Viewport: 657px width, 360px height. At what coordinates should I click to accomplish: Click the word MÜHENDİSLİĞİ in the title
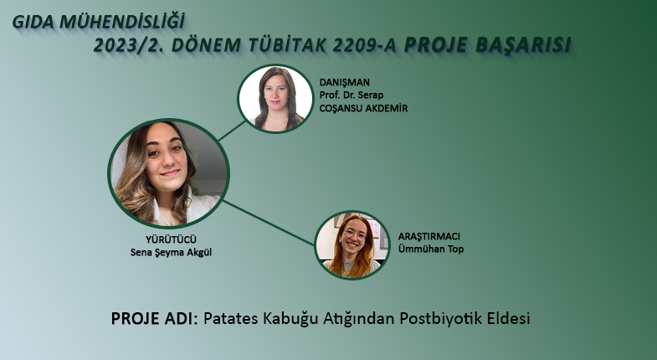(x=121, y=22)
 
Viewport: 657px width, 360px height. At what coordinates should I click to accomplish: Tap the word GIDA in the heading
(x=33, y=23)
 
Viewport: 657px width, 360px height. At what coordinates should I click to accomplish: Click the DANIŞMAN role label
(x=345, y=82)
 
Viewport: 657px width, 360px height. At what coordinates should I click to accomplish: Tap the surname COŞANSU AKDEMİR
(x=363, y=108)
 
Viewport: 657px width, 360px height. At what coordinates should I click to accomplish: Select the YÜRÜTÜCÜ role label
(x=171, y=239)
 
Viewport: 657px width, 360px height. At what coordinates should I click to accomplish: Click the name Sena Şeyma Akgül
(x=171, y=253)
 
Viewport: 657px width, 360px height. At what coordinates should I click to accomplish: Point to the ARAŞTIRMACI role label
(x=429, y=236)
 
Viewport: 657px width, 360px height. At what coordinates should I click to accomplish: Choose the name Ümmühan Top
(x=431, y=249)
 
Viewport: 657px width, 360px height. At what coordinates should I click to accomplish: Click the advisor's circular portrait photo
(x=275, y=99)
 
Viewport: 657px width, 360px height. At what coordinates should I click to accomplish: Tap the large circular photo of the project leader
(x=168, y=173)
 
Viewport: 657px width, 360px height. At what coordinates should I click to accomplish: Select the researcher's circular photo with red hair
(x=352, y=245)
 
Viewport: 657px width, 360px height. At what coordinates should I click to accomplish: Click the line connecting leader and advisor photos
(x=232, y=131)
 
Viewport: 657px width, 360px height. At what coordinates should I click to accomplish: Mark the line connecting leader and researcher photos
(x=269, y=223)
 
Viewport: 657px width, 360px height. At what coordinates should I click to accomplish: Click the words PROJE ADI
(x=154, y=318)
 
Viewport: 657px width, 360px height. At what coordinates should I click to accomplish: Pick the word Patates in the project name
(x=230, y=318)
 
